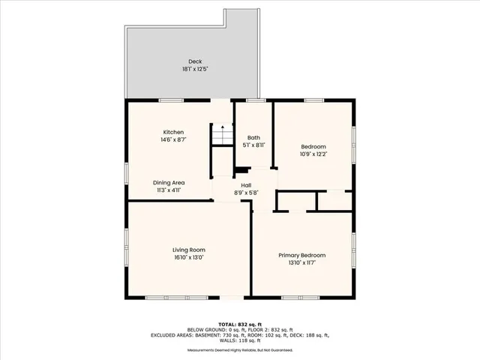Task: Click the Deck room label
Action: click(194, 61)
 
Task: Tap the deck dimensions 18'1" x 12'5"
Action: click(194, 69)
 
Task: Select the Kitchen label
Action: click(173, 132)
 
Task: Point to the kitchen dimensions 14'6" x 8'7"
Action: click(173, 139)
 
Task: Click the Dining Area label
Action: click(169, 182)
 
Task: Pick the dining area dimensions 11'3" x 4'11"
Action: click(169, 190)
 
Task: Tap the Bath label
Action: click(253, 137)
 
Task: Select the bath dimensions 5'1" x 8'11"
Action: click(253, 145)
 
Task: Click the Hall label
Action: click(245, 185)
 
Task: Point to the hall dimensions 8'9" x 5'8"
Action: click(245, 193)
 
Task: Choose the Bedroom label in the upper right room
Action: click(312, 146)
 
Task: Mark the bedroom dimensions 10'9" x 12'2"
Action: click(312, 154)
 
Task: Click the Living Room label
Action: click(188, 250)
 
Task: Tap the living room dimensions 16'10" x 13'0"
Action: click(188, 257)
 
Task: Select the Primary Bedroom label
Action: click(301, 255)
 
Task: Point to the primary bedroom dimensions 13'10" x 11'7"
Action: click(301, 262)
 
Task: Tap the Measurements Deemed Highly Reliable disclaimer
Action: click(239, 349)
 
